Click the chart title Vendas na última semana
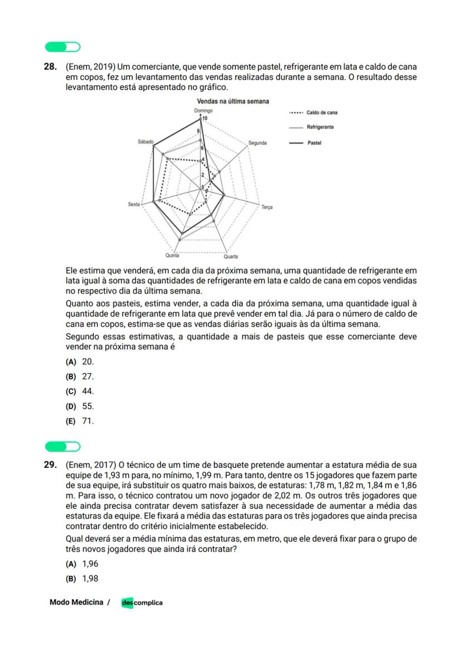[233, 101]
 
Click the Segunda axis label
[257, 143]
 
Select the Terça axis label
[267, 207]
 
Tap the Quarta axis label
[230, 257]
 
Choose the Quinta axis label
[172, 256]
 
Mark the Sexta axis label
[134, 204]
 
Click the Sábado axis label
[145, 143]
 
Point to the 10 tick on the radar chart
[205, 118]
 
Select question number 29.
[50, 464]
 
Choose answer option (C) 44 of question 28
[81, 391]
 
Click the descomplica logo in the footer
[142, 603]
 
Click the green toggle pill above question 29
[62, 447]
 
